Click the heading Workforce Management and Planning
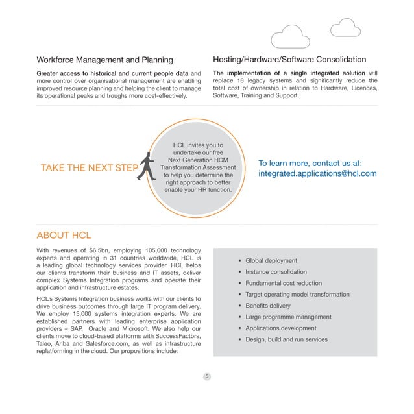pos(104,60)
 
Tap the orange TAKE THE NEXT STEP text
pos(89,169)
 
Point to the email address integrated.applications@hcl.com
pos(317,174)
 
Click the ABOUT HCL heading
pos(64,235)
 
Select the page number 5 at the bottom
pos(206,376)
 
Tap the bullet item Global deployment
pos(271,261)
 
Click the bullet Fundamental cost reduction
pos(284,284)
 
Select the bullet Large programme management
pos(289,317)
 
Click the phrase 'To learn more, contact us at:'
pos(310,163)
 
